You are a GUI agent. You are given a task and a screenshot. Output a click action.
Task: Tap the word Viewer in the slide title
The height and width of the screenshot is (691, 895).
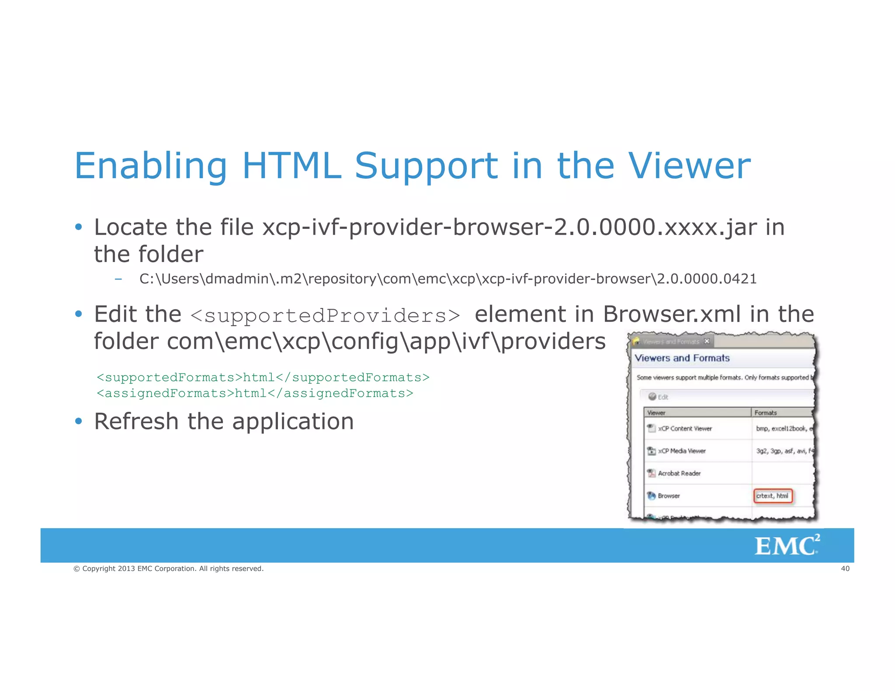pyautogui.click(x=689, y=166)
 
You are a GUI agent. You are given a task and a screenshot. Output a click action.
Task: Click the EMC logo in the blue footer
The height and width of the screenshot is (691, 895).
pyautogui.click(x=787, y=546)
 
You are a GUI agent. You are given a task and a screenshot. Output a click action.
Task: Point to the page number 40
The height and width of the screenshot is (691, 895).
pyautogui.click(x=845, y=569)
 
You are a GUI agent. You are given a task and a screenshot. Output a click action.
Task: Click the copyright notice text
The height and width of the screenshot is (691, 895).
pyautogui.click(x=169, y=569)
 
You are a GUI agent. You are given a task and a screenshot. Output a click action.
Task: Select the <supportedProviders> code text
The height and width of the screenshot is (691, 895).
pyautogui.click(x=326, y=316)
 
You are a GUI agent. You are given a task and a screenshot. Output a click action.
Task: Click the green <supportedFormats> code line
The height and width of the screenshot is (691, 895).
pyautogui.click(x=263, y=377)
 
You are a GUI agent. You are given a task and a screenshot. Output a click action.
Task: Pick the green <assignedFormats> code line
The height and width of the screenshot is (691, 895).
pyautogui.click(x=255, y=394)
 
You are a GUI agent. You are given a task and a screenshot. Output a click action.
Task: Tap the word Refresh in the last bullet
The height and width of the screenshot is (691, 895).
pyautogui.click(x=136, y=422)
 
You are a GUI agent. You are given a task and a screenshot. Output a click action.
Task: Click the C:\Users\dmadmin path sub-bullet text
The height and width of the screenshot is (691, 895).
pyautogui.click(x=448, y=279)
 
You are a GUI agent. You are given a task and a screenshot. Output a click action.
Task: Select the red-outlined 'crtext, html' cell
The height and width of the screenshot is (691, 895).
pyautogui.click(x=773, y=496)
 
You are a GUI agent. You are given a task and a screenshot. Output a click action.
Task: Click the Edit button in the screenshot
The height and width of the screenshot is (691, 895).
pyautogui.click(x=659, y=397)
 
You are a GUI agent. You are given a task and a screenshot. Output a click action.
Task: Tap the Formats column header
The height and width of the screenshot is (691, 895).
pyautogui.click(x=766, y=413)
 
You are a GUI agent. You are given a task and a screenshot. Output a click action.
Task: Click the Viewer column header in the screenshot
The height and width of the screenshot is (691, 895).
pyautogui.click(x=656, y=413)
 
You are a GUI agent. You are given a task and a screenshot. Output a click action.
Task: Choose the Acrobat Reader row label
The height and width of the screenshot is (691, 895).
pyautogui.click(x=679, y=473)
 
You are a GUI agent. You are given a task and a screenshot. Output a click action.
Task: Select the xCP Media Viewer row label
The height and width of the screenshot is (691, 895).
pyautogui.click(x=682, y=451)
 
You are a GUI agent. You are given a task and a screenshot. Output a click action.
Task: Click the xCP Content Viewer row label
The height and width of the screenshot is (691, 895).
pyautogui.click(x=685, y=428)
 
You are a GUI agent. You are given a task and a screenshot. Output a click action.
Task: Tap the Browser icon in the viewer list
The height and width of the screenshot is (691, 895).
pyautogui.click(x=651, y=496)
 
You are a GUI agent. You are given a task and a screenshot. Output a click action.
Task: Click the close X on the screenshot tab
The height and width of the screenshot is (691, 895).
pyautogui.click(x=707, y=341)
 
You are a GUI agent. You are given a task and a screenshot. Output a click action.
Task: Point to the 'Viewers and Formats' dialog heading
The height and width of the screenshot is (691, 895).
pyautogui.click(x=682, y=358)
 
